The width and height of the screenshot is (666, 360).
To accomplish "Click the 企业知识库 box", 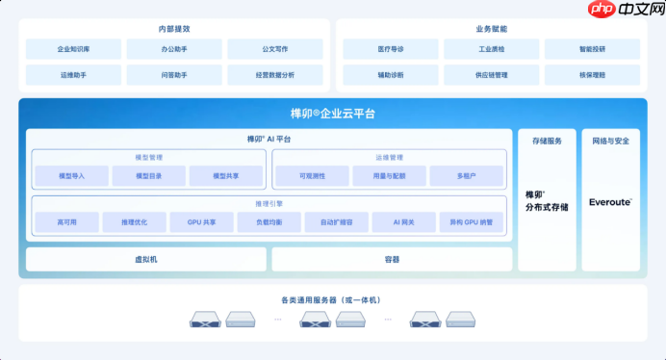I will tap(74, 48).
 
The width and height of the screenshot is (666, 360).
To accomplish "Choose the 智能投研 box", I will tap(592, 48).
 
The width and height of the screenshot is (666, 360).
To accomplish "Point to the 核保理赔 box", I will tap(592, 74).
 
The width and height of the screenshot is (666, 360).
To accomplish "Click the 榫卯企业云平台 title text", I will tap(333, 114).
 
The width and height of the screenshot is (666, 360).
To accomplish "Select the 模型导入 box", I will tap(71, 176).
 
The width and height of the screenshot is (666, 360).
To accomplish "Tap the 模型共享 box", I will tap(226, 176).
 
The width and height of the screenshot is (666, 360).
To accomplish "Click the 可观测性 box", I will tap(311, 176).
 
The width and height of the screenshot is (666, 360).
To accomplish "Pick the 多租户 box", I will tap(466, 176).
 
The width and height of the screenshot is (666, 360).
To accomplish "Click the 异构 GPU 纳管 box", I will tap(471, 222).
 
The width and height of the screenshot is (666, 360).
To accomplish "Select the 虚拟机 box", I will tap(145, 259).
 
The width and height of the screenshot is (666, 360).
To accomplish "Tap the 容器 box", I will tap(392, 259).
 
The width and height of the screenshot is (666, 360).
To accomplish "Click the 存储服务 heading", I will tap(547, 141).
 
